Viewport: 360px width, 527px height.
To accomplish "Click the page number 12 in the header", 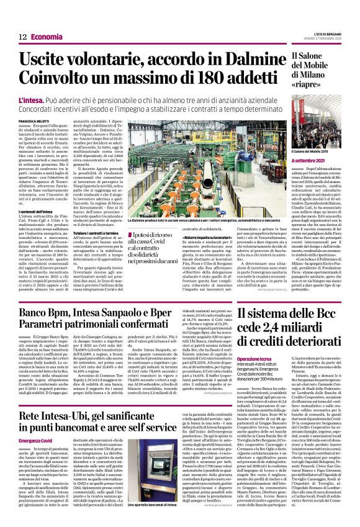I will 13,20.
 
